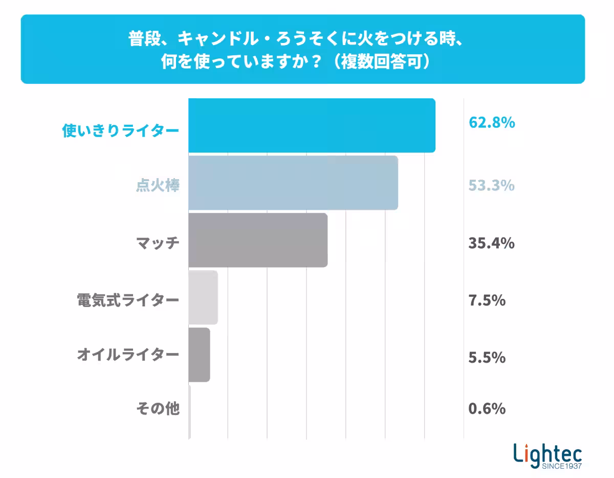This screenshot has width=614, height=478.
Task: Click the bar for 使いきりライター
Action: coord(312,125)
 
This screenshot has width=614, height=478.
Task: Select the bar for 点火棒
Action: coord(293,183)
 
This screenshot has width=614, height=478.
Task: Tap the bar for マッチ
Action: coord(258,240)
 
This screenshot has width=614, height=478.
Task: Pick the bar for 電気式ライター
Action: coord(203,297)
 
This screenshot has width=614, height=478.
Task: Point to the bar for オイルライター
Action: coord(199,355)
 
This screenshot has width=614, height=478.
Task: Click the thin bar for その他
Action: coord(189,412)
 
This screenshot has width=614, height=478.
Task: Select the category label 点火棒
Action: coord(158,186)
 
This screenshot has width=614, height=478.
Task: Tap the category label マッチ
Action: coord(158,243)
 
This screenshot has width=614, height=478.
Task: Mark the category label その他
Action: coord(158,409)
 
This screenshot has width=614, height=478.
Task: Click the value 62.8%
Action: coord(491,123)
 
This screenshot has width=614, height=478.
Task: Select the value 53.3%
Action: coord(491,185)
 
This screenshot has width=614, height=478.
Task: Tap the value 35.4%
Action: coord(491,243)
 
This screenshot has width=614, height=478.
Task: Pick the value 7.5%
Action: coord(487,300)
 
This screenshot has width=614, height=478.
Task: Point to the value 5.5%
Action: coord(487,357)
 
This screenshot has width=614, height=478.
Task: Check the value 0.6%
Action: coord(487,409)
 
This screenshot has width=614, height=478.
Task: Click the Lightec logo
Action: coord(547,455)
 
